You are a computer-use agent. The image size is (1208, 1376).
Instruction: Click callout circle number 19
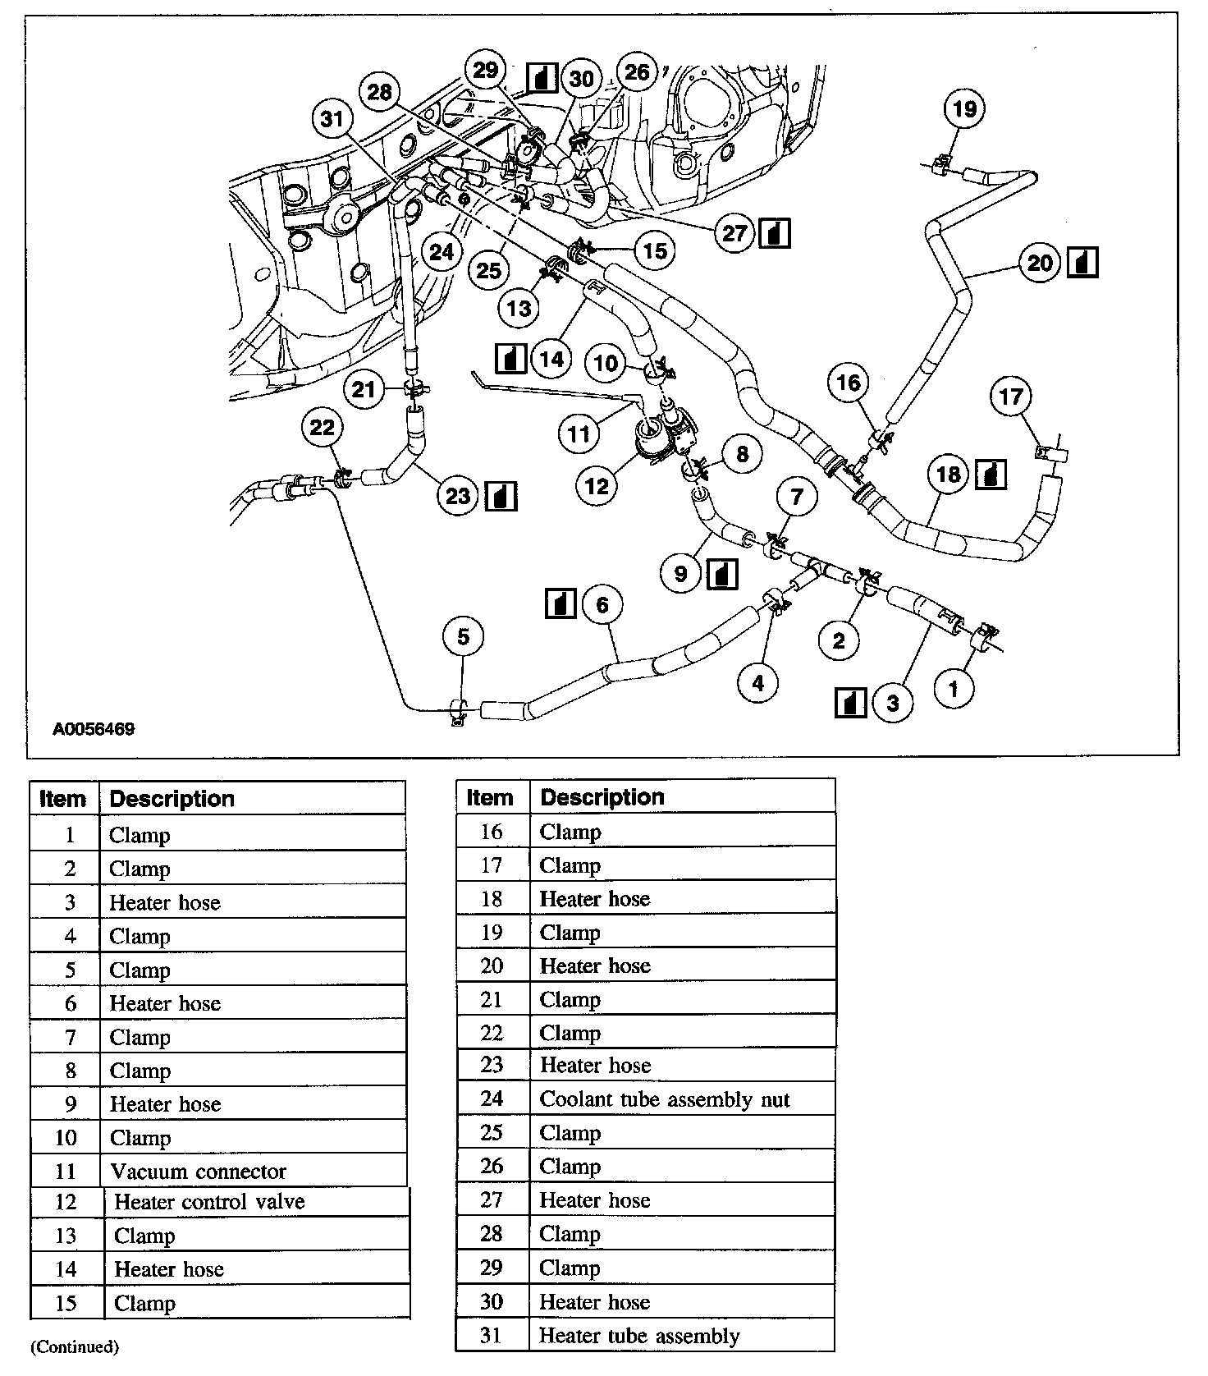pos(964,109)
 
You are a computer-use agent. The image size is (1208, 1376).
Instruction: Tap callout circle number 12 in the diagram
pos(597,486)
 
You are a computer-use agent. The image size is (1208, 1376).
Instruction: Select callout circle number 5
pos(464,637)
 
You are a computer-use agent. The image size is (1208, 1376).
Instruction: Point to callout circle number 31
pos(332,120)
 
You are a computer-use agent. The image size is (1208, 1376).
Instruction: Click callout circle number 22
pos(323,428)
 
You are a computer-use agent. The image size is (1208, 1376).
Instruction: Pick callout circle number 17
pos(1010,397)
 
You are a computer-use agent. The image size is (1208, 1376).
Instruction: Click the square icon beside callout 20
pos(1082,263)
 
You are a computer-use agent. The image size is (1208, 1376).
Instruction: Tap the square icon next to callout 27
pos(775,234)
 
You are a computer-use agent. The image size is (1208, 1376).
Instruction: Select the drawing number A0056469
pos(94,729)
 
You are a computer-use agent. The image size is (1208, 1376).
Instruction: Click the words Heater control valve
pos(209,1202)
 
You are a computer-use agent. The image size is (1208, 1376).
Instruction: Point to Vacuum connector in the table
pos(198,1172)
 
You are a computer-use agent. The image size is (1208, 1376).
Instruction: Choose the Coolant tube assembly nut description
pos(664,1099)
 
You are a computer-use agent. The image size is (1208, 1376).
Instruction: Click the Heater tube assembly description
pos(638,1336)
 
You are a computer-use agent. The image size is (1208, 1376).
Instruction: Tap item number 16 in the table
pos(491,832)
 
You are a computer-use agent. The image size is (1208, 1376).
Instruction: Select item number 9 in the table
pos(70,1104)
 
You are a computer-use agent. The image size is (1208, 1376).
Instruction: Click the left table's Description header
pos(172,799)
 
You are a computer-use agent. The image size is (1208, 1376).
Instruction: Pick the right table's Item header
pos(489,797)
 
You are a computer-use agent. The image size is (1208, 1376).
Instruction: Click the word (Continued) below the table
pos(75,1346)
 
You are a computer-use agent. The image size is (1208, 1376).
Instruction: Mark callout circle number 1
pos(953,689)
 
